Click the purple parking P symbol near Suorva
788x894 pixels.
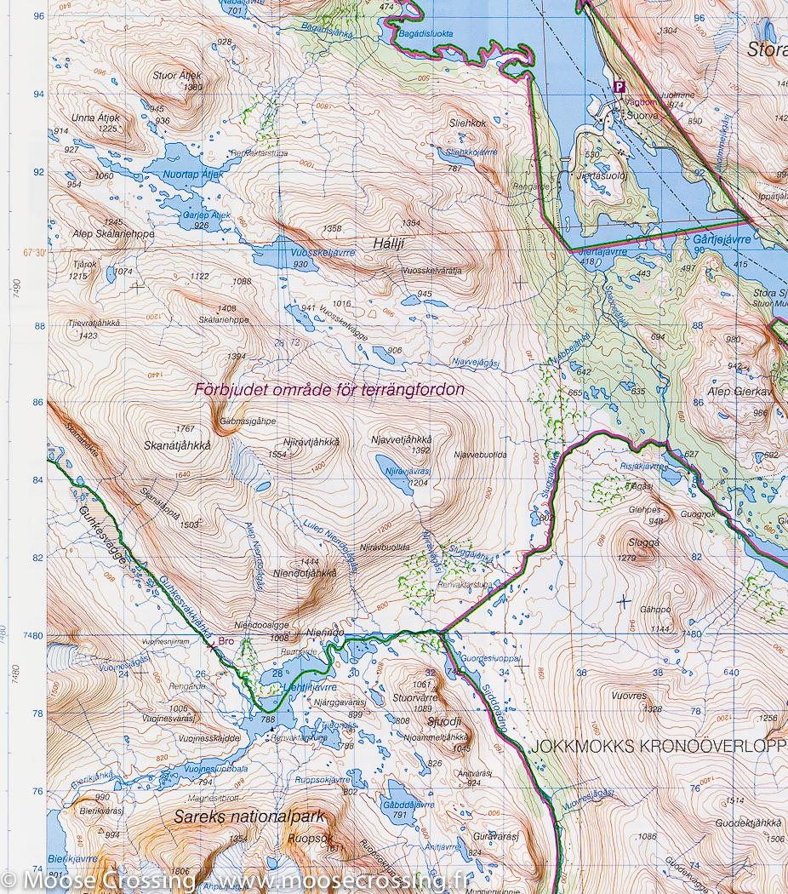click(x=620, y=86)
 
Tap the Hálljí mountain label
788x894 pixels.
click(x=388, y=243)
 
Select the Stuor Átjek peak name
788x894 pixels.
click(x=178, y=75)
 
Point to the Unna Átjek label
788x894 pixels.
click(x=96, y=117)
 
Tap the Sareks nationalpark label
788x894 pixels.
click(x=249, y=817)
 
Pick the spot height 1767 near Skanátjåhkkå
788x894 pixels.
click(x=185, y=429)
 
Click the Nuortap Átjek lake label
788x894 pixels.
click(x=191, y=175)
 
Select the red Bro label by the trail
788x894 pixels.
click(x=226, y=641)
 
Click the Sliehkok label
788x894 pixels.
click(x=468, y=123)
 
